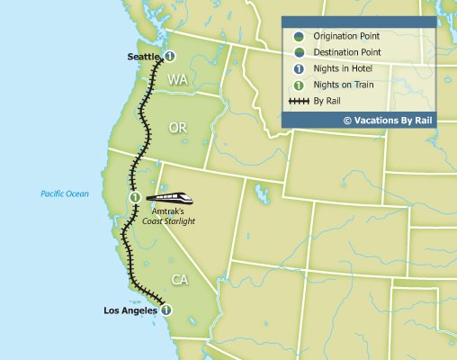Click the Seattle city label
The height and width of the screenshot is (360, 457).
(x=142, y=57)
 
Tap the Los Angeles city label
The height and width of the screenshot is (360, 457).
(x=130, y=311)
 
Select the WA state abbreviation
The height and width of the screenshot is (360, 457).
(x=176, y=81)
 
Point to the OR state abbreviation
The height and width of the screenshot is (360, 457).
(x=177, y=129)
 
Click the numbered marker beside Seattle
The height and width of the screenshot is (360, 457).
(x=168, y=57)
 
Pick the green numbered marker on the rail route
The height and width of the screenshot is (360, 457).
(x=134, y=197)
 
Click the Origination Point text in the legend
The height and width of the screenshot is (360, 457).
(x=345, y=35)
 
